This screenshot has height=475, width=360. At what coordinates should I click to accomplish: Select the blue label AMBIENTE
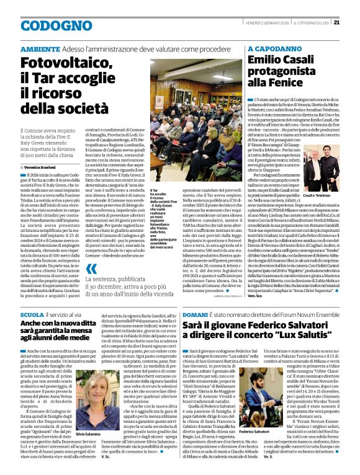(x=41, y=48)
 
